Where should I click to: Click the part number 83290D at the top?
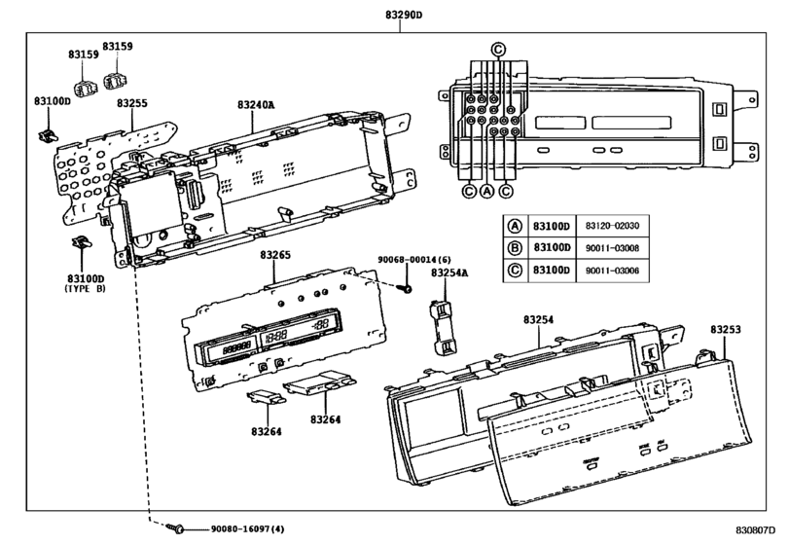click(404, 15)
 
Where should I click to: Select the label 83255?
click(132, 103)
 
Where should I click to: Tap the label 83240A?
click(256, 105)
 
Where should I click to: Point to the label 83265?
click(275, 255)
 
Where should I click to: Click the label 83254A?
click(449, 272)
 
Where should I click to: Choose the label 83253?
click(726, 330)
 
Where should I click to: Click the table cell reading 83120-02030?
click(612, 226)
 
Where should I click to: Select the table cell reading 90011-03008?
click(612, 248)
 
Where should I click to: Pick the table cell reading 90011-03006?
click(612, 271)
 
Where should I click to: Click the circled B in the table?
click(515, 248)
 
